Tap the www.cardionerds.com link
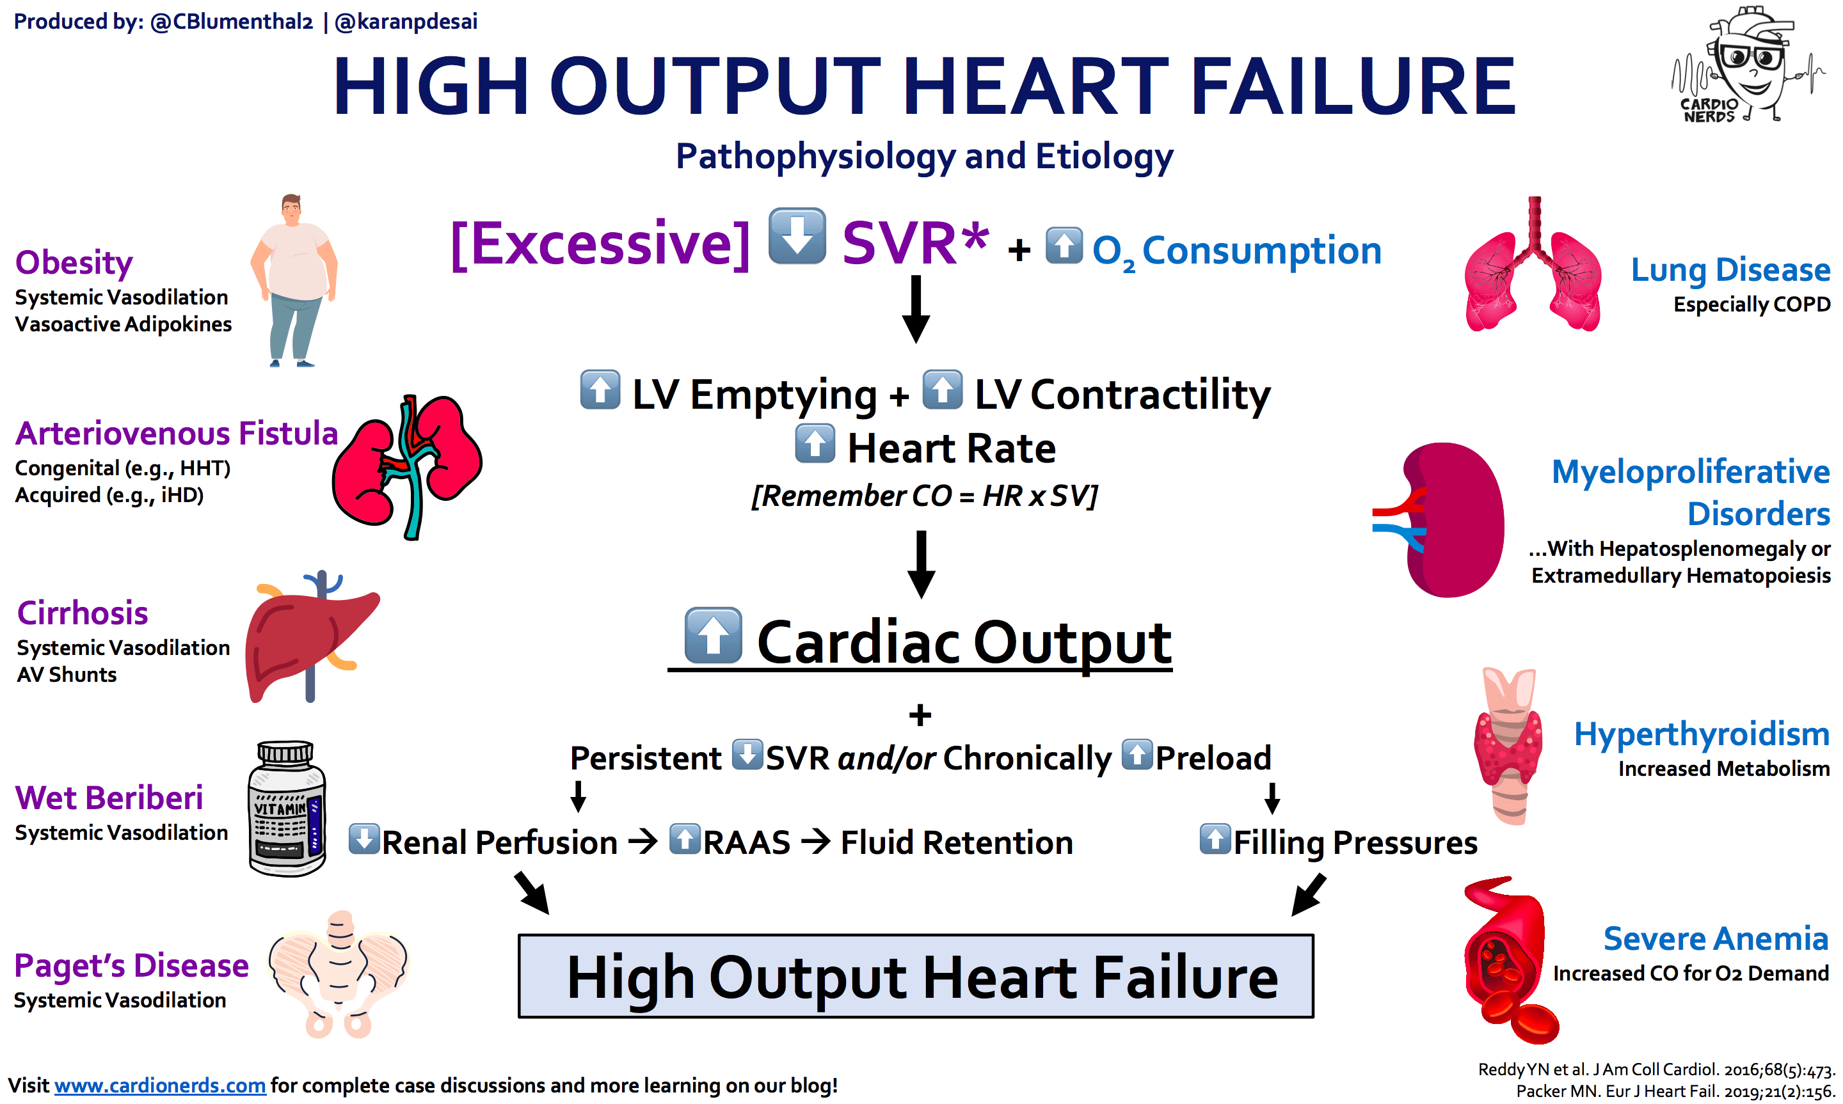click(x=159, y=1085)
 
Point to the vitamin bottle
click(x=287, y=808)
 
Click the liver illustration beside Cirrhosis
click(x=309, y=640)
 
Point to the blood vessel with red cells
click(x=1506, y=959)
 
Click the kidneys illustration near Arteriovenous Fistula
click(x=407, y=465)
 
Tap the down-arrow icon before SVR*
click(x=796, y=237)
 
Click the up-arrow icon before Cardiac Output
click(x=713, y=635)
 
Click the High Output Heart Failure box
click(x=915, y=975)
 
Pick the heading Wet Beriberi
click(x=109, y=798)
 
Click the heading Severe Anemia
click(x=1714, y=939)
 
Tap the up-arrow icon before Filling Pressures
click(x=1215, y=839)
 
